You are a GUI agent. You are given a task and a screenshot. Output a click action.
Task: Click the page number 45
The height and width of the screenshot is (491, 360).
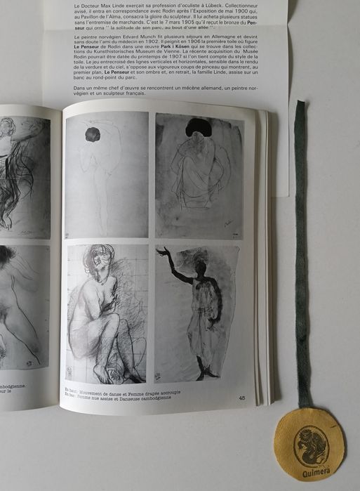241,398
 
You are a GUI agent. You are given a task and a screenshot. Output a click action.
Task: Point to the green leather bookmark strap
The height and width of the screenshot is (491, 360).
301,246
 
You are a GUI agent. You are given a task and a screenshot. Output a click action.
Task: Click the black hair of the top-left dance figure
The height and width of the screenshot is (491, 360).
92,134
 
